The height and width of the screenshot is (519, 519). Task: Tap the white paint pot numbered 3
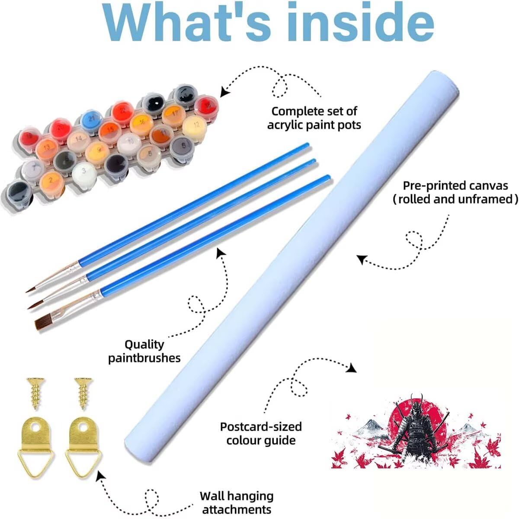[84, 172]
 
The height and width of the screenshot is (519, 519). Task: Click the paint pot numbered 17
[173, 113]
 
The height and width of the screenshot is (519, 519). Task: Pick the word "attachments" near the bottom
[237, 509]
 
